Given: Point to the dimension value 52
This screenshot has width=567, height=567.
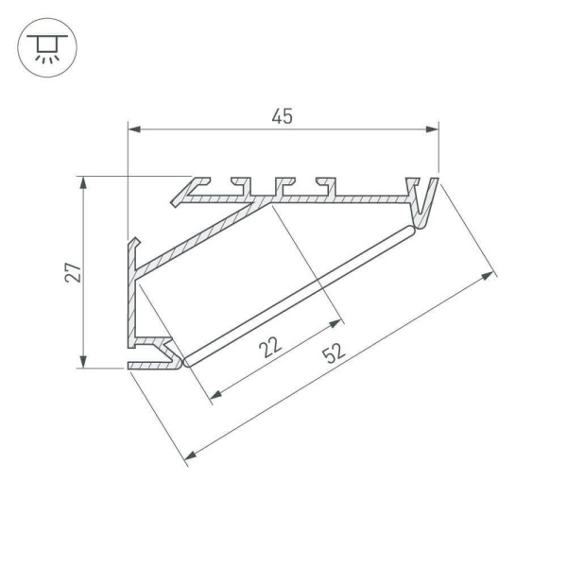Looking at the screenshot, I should (x=332, y=354).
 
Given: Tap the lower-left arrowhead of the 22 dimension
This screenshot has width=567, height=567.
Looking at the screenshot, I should (x=213, y=395).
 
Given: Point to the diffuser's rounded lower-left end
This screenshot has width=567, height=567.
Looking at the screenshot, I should (x=187, y=360).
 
